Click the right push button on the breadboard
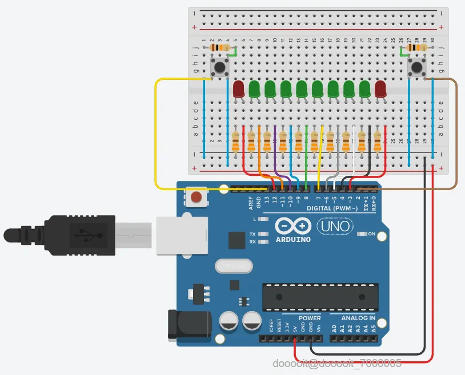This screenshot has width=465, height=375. (418, 68)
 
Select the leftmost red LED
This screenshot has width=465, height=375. (239, 88)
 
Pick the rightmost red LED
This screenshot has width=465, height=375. (381, 88)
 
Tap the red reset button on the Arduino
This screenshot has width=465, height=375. (196, 198)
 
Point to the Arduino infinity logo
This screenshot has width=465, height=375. (293, 226)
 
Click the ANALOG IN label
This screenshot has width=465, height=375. (358, 318)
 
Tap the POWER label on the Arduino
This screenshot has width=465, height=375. (309, 318)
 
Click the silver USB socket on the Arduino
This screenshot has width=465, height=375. (181, 233)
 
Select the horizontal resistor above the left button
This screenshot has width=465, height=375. (221, 48)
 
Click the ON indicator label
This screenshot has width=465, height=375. (372, 234)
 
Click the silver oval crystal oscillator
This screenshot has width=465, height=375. (233, 266)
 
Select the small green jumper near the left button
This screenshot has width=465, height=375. (233, 52)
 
